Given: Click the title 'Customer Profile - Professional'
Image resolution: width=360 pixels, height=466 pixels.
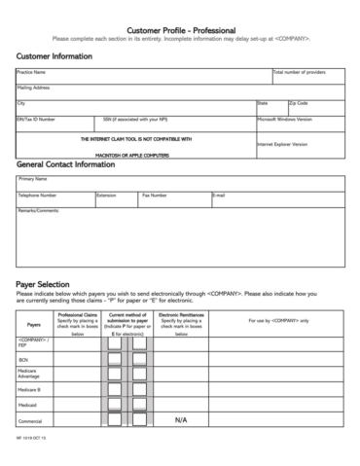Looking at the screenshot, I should [x=180, y=32].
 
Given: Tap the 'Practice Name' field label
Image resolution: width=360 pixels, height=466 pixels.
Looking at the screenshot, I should [x=32, y=72].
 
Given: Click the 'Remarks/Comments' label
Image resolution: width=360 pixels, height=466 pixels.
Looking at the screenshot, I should [x=39, y=210].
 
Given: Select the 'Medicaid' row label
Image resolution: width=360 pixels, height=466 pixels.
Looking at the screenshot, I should [x=27, y=403].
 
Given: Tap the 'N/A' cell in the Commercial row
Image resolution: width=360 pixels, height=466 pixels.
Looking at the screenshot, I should [x=181, y=419].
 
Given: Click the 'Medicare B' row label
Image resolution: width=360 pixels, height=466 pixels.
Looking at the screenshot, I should [x=29, y=388].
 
